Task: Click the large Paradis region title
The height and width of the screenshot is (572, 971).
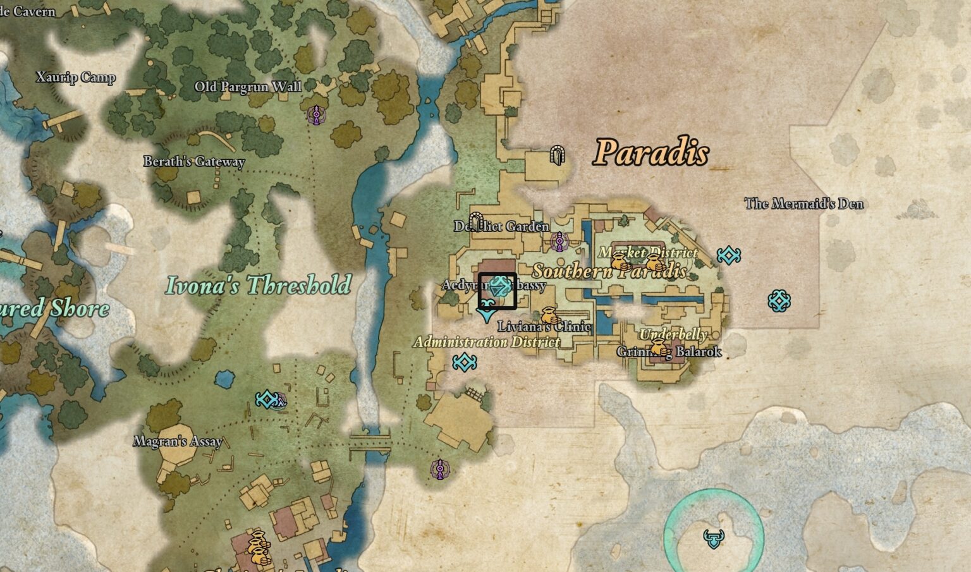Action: [x=651, y=152]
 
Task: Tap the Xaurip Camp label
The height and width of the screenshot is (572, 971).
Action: [x=76, y=78]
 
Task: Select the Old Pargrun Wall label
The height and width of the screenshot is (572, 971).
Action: [x=248, y=87]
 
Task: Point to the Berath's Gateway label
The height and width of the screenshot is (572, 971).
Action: [x=194, y=162]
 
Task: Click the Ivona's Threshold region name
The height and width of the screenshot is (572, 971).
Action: [x=258, y=286]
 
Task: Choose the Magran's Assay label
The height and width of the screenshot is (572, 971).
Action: [x=178, y=441]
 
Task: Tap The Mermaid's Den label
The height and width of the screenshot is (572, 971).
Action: [x=803, y=204]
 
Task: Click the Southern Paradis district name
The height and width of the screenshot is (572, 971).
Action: [x=609, y=272]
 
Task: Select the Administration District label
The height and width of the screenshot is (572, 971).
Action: [x=486, y=343]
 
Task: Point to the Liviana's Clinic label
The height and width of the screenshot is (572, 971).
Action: [x=544, y=327]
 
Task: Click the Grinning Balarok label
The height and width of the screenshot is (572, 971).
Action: [x=669, y=352]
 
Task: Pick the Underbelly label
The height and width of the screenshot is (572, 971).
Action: [x=673, y=335]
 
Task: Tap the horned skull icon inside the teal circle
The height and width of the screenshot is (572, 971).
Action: [x=714, y=539]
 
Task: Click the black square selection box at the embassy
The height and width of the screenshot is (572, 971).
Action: [x=498, y=291]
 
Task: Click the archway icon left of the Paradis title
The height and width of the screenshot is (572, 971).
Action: [x=557, y=154]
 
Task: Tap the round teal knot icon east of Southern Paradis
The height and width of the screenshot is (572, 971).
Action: [x=779, y=301]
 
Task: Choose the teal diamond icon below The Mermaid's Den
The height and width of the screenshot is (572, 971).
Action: [x=729, y=255]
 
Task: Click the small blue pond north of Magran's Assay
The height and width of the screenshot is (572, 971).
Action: [x=224, y=379]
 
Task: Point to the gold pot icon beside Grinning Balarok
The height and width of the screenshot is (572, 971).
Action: [x=659, y=347]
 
